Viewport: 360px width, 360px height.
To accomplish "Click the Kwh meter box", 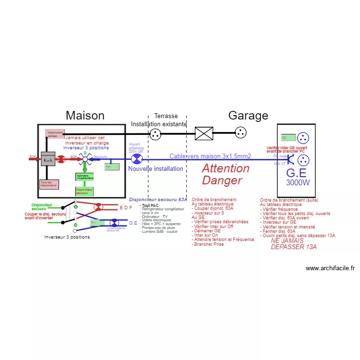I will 48,159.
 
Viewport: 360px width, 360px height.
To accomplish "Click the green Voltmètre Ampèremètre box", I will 84,177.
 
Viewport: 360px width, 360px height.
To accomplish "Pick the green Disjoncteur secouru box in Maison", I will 84,191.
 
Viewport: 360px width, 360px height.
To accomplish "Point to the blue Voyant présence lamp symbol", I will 137,159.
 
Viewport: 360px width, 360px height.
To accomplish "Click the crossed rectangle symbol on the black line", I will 204,133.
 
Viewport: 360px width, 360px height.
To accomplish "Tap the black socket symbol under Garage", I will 240,133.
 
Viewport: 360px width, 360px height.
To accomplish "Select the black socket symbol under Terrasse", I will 155,134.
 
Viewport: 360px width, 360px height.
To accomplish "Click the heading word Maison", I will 85,116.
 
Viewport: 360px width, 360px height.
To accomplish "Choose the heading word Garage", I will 248,116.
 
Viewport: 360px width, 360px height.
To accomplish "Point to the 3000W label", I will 298,183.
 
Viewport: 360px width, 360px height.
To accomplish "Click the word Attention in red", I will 226,168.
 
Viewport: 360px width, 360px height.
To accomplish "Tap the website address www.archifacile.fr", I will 330,268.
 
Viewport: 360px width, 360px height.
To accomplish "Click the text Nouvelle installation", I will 156,169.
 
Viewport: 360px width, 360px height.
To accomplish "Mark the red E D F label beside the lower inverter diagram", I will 126,207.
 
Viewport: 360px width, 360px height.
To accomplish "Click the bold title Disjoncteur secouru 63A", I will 158,199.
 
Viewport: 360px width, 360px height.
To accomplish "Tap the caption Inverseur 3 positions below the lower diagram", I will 67,237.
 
